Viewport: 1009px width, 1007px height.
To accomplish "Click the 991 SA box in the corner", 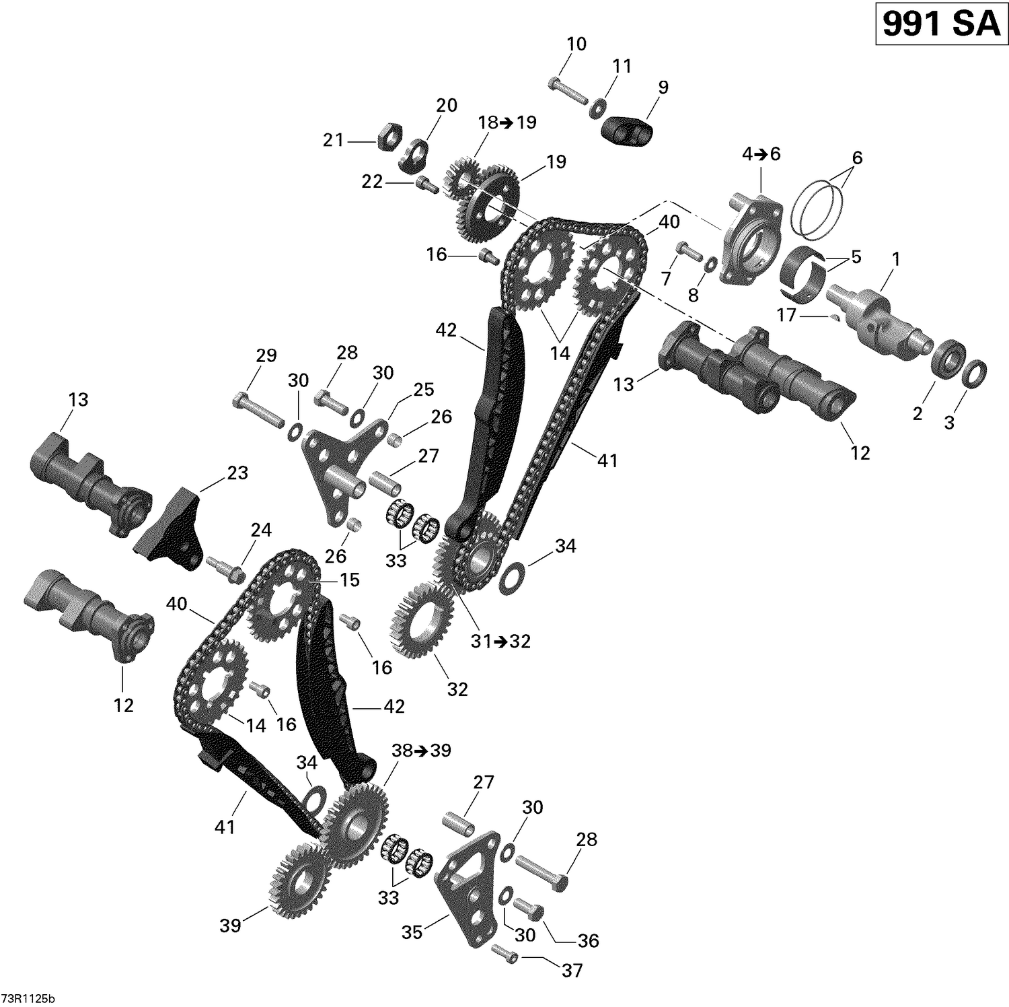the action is pyautogui.click(x=940, y=25).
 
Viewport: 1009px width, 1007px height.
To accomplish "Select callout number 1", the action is pyautogui.click(x=895, y=258).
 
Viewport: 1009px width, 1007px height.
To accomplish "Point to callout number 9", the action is pyautogui.click(x=663, y=87).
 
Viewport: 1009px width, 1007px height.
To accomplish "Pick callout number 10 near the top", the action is pyautogui.click(x=576, y=44).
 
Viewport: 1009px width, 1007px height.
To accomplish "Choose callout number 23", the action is pyautogui.click(x=237, y=473).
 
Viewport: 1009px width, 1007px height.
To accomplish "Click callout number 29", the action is pyautogui.click(x=266, y=355).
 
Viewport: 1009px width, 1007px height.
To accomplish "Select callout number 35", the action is pyautogui.click(x=412, y=932).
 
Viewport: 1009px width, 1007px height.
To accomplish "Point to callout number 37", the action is pyautogui.click(x=572, y=970).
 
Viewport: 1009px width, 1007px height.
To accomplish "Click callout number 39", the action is pyautogui.click(x=230, y=926).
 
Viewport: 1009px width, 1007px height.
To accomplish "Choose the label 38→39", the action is pyautogui.click(x=421, y=751).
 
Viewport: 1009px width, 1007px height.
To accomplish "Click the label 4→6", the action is pyautogui.click(x=761, y=154).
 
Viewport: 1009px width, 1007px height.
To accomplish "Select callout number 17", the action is pyautogui.click(x=786, y=314).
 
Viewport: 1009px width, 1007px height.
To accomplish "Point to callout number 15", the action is pyautogui.click(x=350, y=580).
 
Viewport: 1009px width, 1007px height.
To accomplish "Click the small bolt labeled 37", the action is pyautogui.click(x=504, y=953).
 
